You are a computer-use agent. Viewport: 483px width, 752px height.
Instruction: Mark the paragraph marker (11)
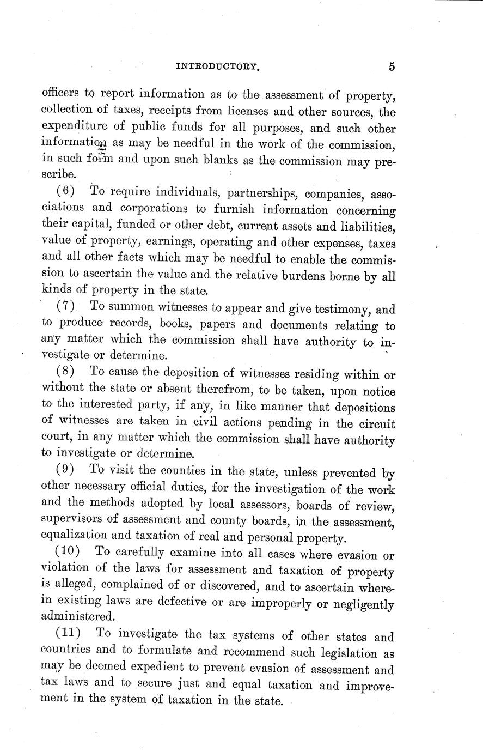(x=70, y=633)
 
